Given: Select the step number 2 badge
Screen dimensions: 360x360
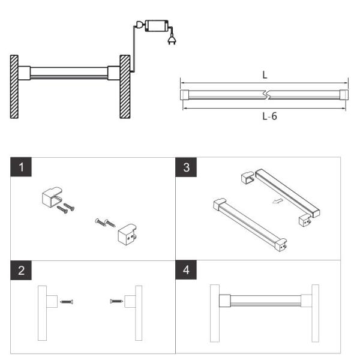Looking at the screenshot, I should coord(22,270).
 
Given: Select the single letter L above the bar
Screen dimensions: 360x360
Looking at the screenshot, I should coord(265,76).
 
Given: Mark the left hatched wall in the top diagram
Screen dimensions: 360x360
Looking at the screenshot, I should coord(14,86).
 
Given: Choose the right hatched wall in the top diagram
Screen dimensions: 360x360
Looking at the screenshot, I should coord(125,86).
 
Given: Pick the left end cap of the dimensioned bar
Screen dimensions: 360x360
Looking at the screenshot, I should coord(184,94).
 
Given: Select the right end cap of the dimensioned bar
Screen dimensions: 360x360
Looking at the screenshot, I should coord(344,94).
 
